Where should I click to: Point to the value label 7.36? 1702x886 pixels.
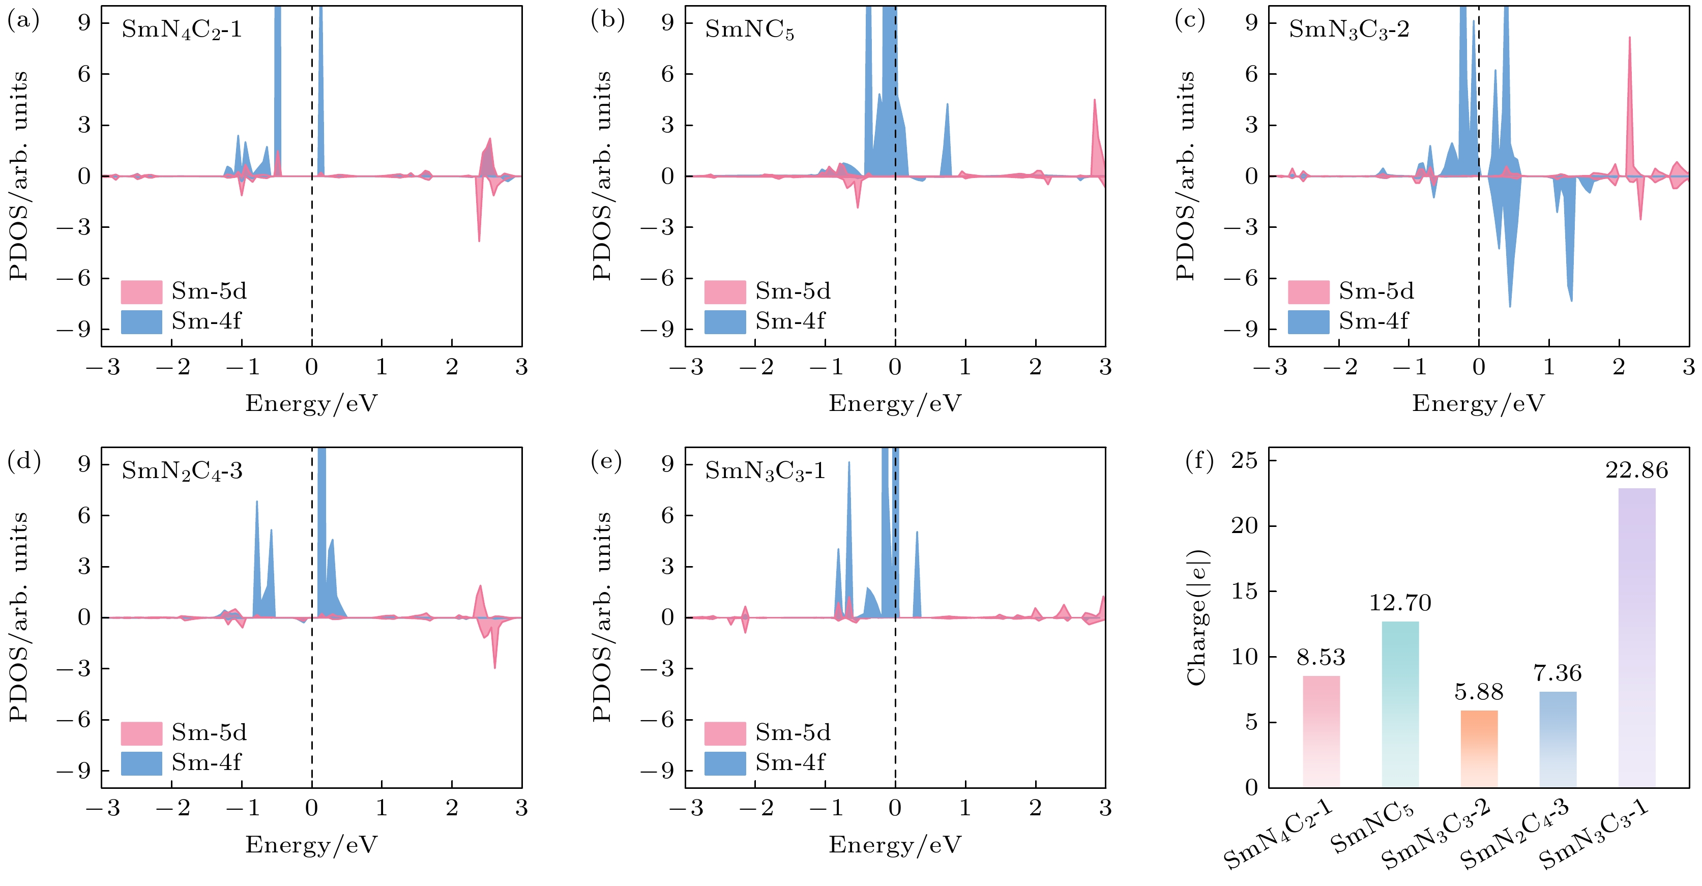pyautogui.click(x=1558, y=673)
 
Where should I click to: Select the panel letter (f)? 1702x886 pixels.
pyautogui.click(x=1199, y=460)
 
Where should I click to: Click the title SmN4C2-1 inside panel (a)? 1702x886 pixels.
pyautogui.click(x=182, y=29)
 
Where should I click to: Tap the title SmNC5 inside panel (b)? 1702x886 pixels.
pyautogui.click(x=749, y=29)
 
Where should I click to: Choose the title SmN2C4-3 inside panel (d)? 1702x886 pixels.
pyautogui.click(x=182, y=471)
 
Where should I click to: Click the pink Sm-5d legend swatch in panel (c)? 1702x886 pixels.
pyautogui.click(x=1308, y=291)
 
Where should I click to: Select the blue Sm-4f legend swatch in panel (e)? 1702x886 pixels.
pyautogui.click(x=724, y=762)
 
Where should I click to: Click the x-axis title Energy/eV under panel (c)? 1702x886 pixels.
pyautogui.click(x=1478, y=403)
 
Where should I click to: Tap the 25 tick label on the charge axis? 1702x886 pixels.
pyautogui.click(x=1244, y=460)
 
